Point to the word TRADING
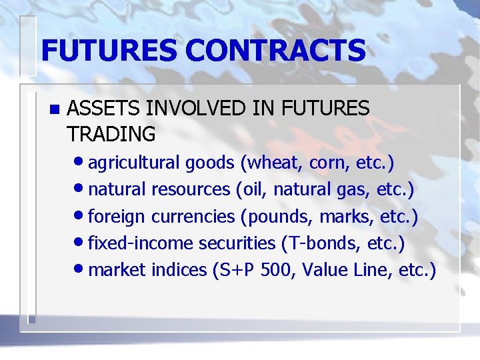point(111,134)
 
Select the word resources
point(191,190)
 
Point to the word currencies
point(193,217)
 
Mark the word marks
point(341,217)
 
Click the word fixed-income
point(141,243)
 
